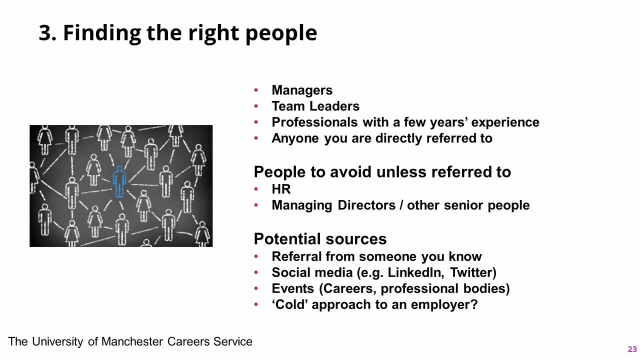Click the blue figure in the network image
pyautogui.click(x=119, y=181)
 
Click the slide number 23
pyautogui.click(x=632, y=349)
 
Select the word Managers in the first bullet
pyautogui.click(x=302, y=90)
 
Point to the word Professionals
pyautogui.click(x=314, y=122)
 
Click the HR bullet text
pyautogui.click(x=281, y=189)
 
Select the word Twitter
pyautogui.click(x=473, y=272)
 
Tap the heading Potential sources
pyautogui.click(x=320, y=239)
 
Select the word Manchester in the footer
pyautogui.click(x=132, y=341)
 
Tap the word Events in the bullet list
pyautogui.click(x=292, y=288)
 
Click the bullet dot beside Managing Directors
pyautogui.click(x=256, y=205)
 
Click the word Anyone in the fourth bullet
pyautogui.click(x=295, y=138)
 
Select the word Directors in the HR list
pyautogui.click(x=366, y=205)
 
